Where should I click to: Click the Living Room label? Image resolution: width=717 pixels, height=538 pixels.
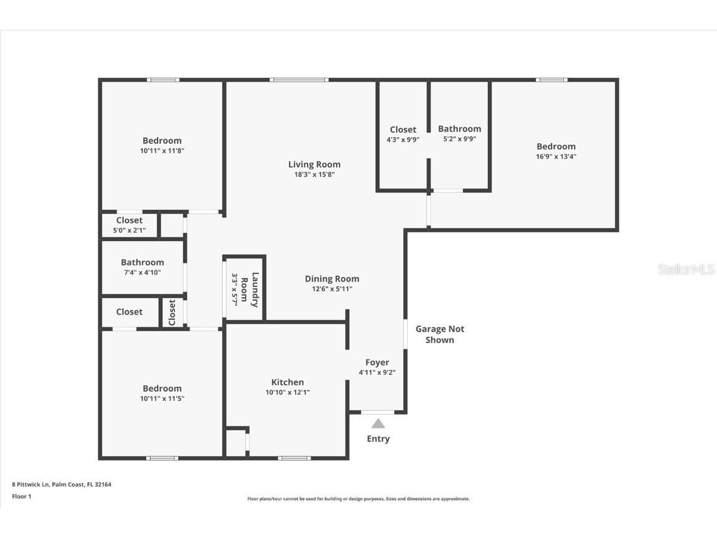tap(314, 164)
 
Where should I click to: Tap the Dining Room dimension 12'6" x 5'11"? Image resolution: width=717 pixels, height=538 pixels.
tap(332, 289)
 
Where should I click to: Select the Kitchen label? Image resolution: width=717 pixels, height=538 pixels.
tap(288, 382)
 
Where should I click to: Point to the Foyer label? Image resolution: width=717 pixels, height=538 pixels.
tap(377, 362)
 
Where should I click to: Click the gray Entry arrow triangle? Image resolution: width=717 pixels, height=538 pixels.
tap(378, 424)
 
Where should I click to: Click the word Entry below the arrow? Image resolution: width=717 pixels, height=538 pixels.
tap(378, 439)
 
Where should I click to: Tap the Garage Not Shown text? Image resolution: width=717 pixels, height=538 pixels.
tap(439, 334)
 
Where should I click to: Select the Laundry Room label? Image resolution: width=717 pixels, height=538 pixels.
tap(250, 290)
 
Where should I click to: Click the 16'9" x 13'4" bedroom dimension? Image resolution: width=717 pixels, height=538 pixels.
tap(556, 157)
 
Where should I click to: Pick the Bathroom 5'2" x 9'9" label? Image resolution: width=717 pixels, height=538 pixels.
tap(459, 129)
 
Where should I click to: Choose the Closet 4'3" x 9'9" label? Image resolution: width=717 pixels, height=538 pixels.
tap(403, 130)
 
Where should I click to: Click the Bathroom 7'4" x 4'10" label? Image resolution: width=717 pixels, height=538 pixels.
tap(143, 263)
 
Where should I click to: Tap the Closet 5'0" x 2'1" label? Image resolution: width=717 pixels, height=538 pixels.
tap(129, 220)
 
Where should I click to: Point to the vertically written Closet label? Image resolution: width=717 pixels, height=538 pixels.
tap(172, 312)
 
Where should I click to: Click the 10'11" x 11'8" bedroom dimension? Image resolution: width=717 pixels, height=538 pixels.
tap(162, 151)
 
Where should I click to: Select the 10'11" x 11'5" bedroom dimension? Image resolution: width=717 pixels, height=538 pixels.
tap(162, 399)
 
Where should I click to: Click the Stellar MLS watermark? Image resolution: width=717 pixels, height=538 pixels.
tap(686, 269)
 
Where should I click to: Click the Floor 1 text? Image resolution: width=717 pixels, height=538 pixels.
tap(21, 496)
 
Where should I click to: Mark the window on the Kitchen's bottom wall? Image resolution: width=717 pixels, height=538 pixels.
tap(294, 458)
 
